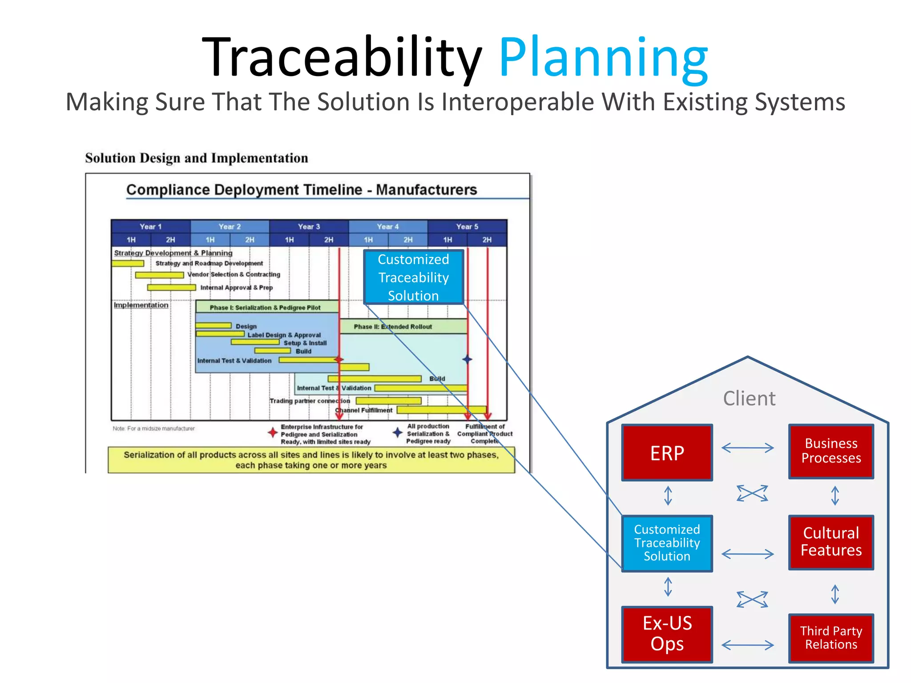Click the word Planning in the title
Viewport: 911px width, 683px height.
pos(603,58)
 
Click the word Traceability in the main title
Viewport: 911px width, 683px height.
pos(342,58)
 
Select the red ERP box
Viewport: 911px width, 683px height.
pos(667,453)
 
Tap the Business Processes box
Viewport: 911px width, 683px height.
pos(830,451)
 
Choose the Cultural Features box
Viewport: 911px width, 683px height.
pos(830,542)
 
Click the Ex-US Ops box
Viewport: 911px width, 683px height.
pos(667,634)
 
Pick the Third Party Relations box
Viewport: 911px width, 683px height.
pos(830,638)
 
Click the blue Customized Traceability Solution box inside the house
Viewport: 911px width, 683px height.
pos(667,543)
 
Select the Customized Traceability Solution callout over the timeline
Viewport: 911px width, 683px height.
pos(413,277)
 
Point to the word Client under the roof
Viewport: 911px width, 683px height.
pos(749,398)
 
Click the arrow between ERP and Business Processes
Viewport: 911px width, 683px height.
pos(747,448)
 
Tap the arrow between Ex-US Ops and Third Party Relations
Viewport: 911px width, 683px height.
pos(747,645)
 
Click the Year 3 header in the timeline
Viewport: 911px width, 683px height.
pos(309,226)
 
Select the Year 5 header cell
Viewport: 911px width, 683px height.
pos(467,226)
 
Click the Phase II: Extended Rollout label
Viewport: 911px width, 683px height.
pos(393,327)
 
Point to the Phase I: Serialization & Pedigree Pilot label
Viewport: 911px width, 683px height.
pos(265,308)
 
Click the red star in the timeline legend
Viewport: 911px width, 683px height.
pos(273,432)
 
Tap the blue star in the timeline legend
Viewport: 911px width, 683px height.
pos(398,432)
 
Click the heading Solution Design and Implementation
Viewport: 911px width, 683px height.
pos(196,158)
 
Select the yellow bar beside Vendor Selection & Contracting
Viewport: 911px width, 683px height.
pos(159,275)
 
